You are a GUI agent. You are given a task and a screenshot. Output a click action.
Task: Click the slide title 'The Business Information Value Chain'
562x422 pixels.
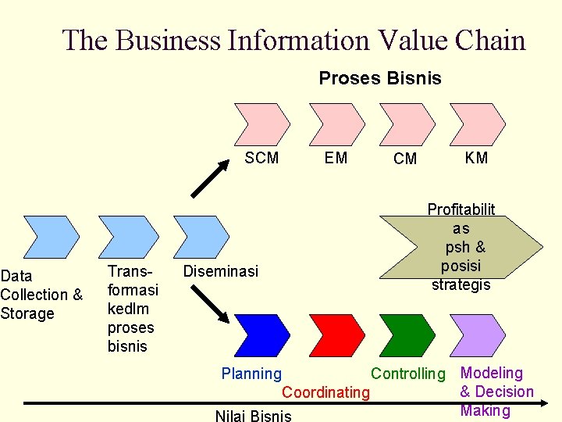pos(293,40)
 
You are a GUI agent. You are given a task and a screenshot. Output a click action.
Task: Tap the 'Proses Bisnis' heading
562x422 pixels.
pos(380,78)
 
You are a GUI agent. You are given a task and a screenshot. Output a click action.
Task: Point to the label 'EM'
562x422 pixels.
pos(336,158)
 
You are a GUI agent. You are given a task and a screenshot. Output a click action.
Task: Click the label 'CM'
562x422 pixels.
pos(405,159)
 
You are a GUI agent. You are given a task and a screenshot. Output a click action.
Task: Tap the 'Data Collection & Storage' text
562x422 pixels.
pos(41,295)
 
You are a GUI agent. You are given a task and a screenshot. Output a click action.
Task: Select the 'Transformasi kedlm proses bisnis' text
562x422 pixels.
pos(133,308)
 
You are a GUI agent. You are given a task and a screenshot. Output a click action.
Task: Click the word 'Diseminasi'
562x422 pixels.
pos(220,271)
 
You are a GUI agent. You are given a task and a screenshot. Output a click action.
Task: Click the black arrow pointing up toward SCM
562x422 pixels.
pos(210,179)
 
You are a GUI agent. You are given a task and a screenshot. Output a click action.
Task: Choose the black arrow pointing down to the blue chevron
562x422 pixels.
pos(210,303)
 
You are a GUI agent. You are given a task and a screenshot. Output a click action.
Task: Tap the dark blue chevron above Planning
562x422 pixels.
pos(263,335)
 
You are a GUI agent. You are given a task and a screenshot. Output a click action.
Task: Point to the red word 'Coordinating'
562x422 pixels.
pos(325,392)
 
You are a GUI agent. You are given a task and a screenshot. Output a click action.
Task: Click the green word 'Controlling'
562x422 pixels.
pos(407,374)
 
